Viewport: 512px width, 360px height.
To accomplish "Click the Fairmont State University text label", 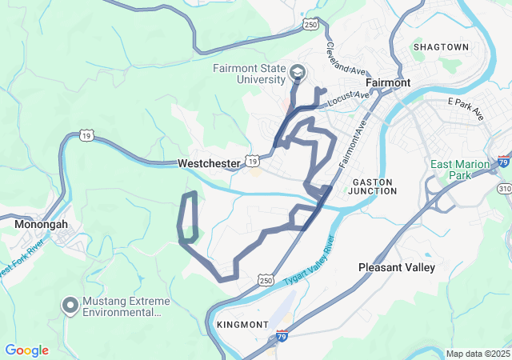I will coord(248,74).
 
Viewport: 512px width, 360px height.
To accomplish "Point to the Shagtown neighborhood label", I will coord(441,47).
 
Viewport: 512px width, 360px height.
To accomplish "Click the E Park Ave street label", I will coord(466,110).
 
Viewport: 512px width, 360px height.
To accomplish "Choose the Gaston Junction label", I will coord(374,186).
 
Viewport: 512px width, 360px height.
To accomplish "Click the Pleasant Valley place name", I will coord(397,267).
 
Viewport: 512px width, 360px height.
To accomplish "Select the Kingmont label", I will coord(242,325).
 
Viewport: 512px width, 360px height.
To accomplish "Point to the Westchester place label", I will coord(208,163).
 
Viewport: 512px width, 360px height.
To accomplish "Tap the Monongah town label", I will coord(41,225).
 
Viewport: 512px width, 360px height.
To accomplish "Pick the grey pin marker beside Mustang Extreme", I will coord(70,306).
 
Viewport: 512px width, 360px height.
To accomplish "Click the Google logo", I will coord(27,350).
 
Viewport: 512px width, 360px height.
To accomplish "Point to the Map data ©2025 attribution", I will coord(477,354).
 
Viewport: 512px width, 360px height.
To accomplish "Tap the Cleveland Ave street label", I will coord(346,58).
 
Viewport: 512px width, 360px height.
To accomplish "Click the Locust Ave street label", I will coord(350,98).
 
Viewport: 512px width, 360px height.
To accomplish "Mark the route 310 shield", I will coord(503,188).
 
